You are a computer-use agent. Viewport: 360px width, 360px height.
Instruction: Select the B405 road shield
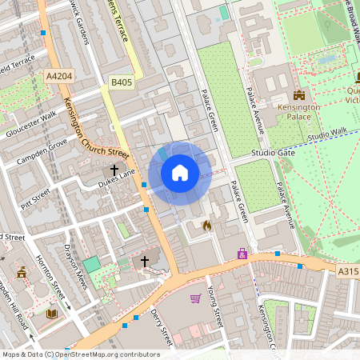click(x=122, y=82)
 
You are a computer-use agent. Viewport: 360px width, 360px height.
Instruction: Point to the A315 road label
click(x=348, y=271)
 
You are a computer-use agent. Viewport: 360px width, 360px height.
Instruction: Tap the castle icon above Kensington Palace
click(x=298, y=95)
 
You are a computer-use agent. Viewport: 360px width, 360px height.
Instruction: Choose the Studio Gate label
click(x=273, y=152)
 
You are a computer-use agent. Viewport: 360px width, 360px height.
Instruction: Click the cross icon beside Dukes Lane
click(x=114, y=170)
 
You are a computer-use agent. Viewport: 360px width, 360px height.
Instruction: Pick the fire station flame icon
click(x=207, y=226)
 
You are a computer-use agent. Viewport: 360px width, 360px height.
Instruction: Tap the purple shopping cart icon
click(x=195, y=298)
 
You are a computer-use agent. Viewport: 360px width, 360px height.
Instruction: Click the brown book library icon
click(x=52, y=314)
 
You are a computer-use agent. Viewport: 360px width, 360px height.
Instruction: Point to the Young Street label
click(x=214, y=307)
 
